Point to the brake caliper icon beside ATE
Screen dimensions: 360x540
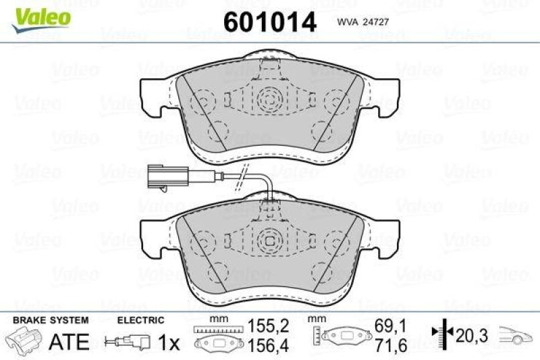tap(26, 340)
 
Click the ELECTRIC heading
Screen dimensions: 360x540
tap(140, 320)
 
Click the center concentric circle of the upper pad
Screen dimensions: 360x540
tap(269, 101)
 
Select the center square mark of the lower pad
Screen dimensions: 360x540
tap(269, 240)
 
